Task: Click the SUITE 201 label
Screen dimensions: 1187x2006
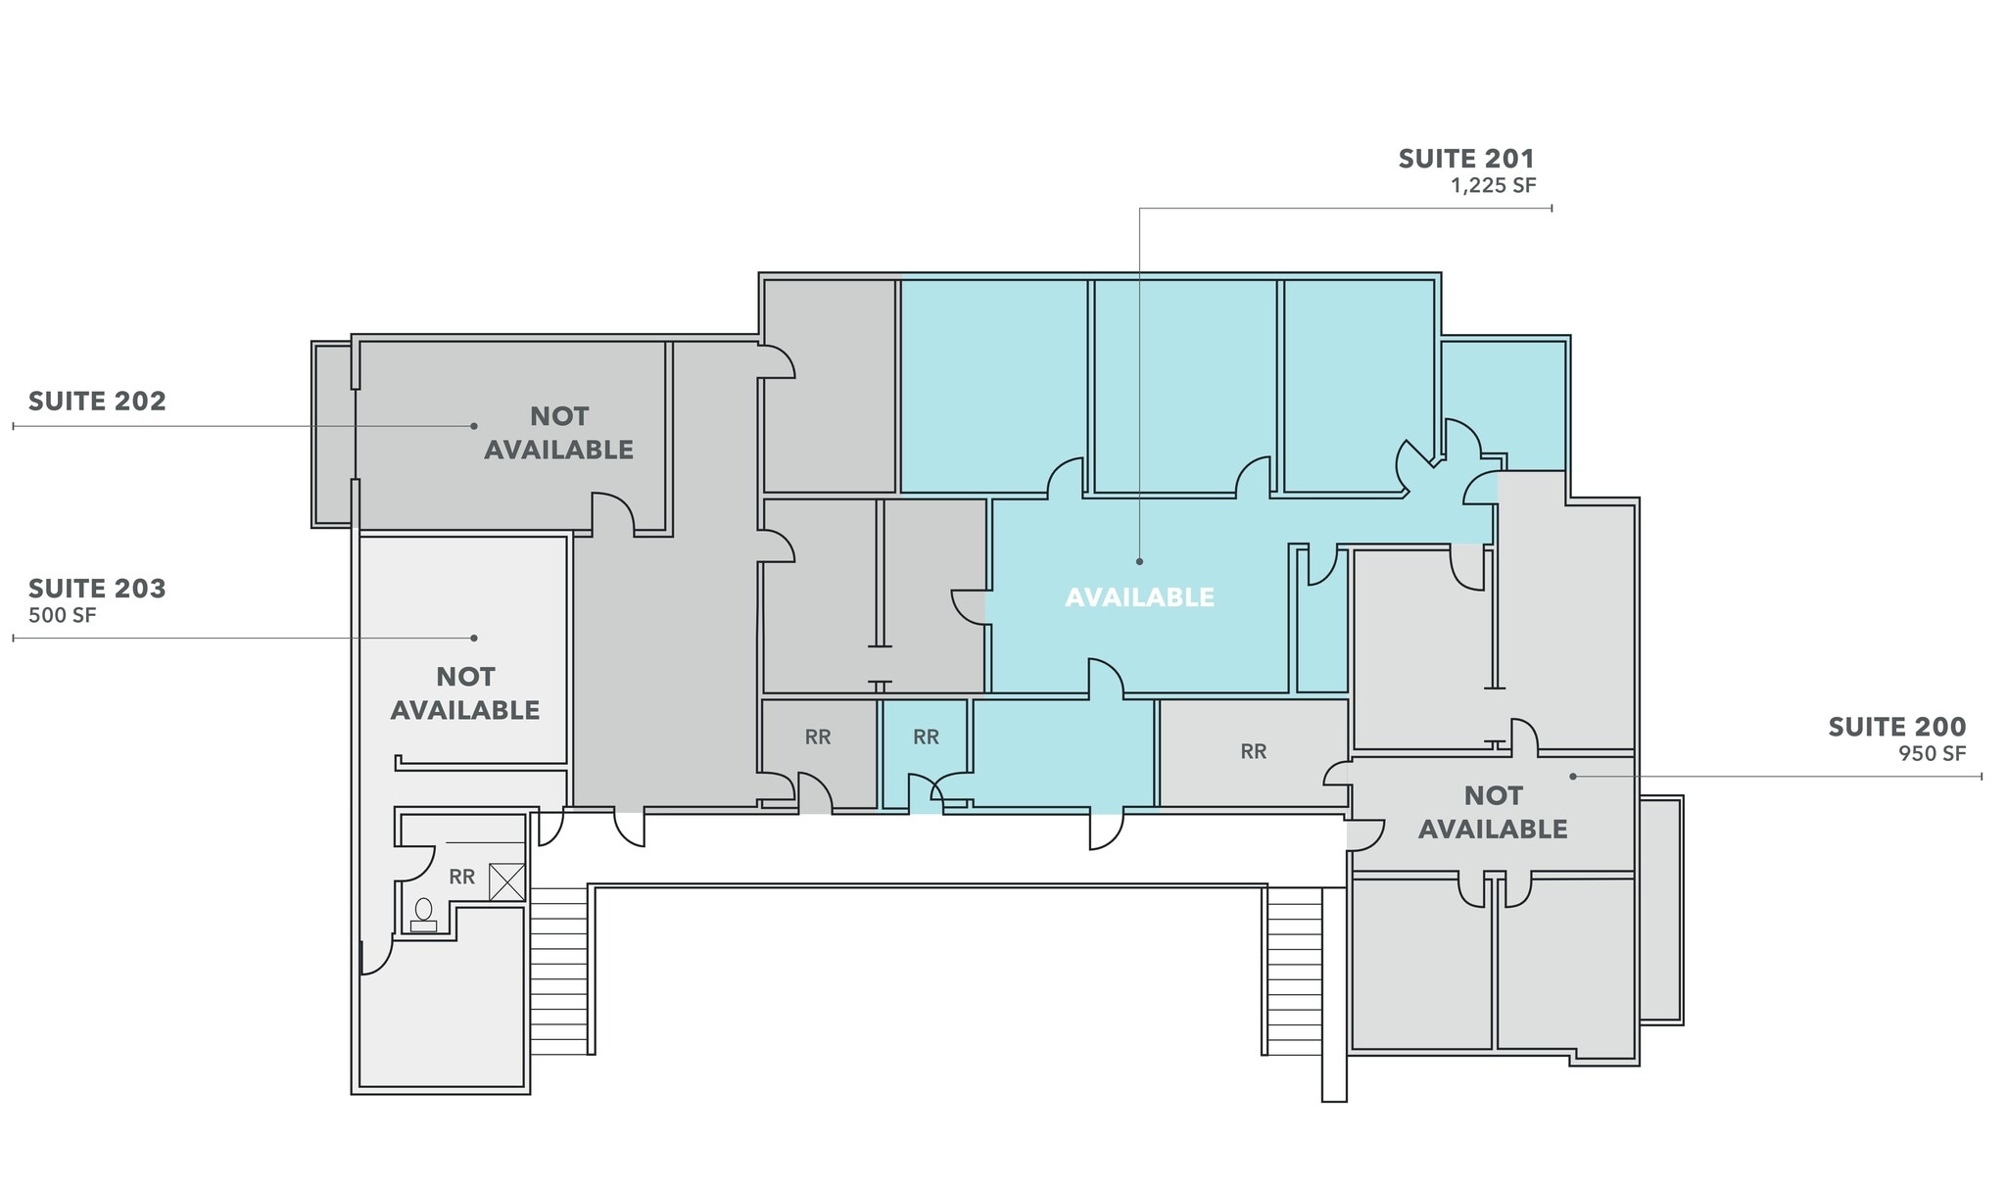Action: [x=1465, y=159]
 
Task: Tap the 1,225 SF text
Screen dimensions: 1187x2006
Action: [x=1493, y=186]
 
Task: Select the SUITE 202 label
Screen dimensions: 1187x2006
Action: [x=97, y=402]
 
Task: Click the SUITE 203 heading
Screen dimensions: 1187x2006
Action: [x=97, y=589]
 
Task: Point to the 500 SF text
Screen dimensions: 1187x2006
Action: [x=63, y=616]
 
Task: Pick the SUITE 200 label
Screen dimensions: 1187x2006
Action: [x=1896, y=727]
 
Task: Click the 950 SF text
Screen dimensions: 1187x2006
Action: [x=1932, y=754]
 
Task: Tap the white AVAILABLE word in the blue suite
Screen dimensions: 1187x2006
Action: [x=1139, y=597]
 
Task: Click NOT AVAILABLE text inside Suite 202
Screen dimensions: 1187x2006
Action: [x=558, y=433]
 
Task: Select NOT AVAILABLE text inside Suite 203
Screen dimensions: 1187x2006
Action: [x=464, y=693]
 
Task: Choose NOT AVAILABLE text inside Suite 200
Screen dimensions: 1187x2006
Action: [x=1492, y=812]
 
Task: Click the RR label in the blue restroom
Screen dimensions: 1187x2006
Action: [x=926, y=737]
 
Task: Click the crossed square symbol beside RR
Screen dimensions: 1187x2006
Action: [x=506, y=881]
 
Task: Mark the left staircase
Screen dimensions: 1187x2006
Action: [x=558, y=970]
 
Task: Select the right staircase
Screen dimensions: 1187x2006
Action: [x=1293, y=970]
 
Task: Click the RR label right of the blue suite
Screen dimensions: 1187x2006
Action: [x=1253, y=751]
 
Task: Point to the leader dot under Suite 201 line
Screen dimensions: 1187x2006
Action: [x=1139, y=561]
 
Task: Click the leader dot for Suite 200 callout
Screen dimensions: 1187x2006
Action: [x=1573, y=777]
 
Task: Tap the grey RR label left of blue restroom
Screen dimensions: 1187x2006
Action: [x=818, y=737]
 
